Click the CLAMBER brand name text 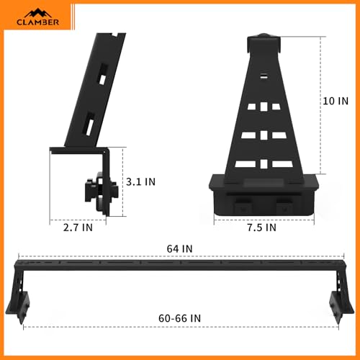(x=38, y=22)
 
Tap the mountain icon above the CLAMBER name (x=38, y=13)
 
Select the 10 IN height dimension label (x=336, y=101)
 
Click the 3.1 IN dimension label (x=140, y=181)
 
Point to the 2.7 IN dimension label (x=78, y=228)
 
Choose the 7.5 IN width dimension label (x=262, y=228)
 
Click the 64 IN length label (x=180, y=249)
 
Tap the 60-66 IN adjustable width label (x=179, y=318)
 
